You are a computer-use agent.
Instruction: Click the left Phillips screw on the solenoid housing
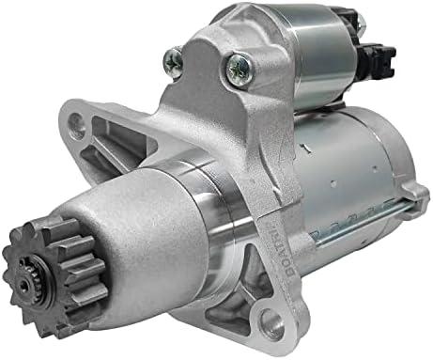point(173,61)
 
